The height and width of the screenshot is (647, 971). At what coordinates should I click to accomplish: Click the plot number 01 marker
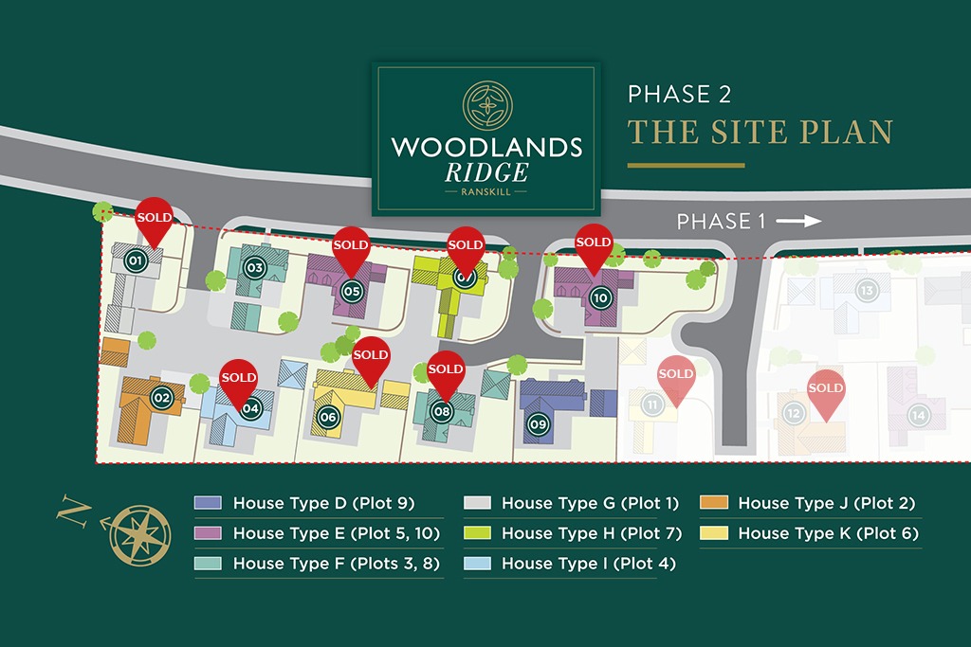[135, 261]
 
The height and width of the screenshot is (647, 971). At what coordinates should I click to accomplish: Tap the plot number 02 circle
[161, 398]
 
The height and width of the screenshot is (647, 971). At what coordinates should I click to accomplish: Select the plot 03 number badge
[254, 267]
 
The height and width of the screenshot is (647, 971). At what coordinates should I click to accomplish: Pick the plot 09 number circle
[539, 424]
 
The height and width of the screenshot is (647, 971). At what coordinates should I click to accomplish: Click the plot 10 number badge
[599, 297]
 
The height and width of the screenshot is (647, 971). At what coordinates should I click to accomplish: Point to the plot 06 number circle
[328, 416]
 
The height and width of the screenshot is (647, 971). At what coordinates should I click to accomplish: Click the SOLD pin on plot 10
[594, 244]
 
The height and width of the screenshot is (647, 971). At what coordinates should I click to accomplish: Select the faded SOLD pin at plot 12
[825, 391]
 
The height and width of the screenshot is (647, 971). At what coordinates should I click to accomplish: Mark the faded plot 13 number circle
[865, 290]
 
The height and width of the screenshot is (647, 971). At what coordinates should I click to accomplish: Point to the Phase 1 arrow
[798, 221]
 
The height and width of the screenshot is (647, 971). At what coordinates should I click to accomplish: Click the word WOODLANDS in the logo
[486, 148]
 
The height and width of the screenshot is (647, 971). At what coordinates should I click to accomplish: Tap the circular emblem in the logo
[486, 104]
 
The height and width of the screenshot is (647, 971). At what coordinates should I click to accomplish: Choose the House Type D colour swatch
[208, 503]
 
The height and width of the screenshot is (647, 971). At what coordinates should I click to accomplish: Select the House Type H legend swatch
[476, 533]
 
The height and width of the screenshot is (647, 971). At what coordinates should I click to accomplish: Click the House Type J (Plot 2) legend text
[826, 503]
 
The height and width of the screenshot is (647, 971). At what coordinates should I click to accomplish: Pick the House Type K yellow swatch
[713, 533]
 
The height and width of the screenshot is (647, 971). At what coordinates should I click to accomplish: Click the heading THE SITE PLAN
[760, 131]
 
